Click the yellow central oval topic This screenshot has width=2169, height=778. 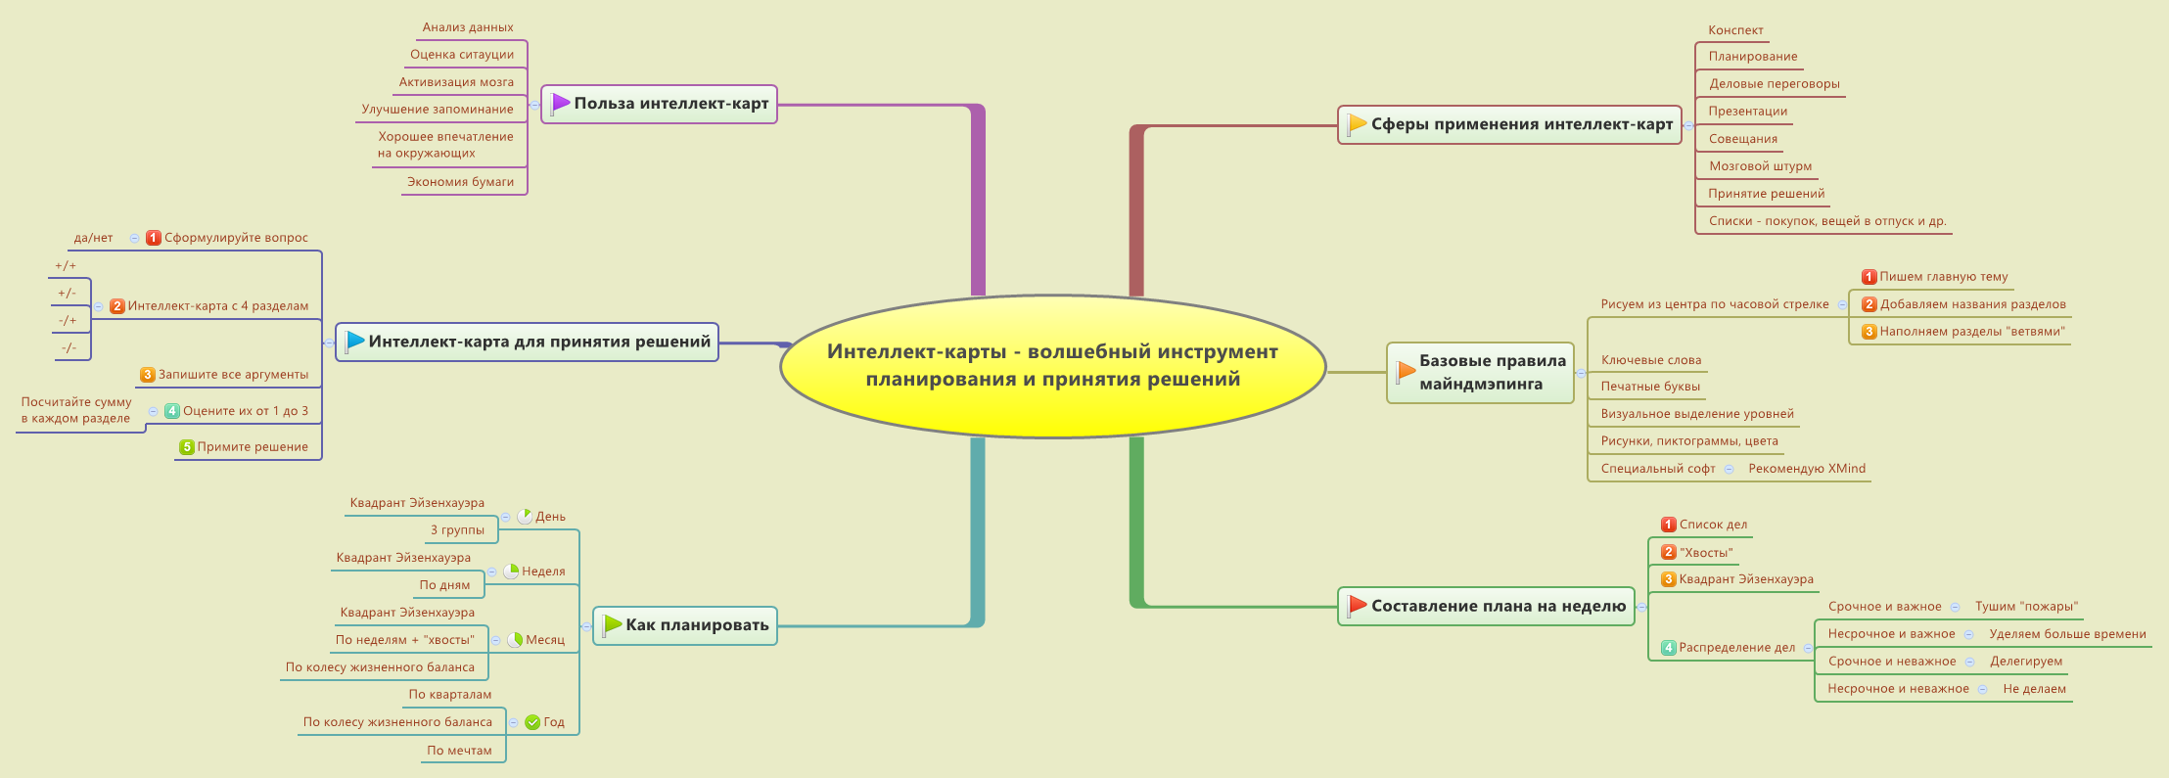click(x=1052, y=365)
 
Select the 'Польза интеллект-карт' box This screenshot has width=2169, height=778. click(x=659, y=104)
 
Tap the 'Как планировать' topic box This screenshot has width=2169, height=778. click(x=685, y=625)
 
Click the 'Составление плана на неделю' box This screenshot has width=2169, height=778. click(x=1486, y=606)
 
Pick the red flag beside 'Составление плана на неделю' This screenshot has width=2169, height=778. click(x=1357, y=606)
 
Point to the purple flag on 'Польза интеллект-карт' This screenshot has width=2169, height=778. click(x=560, y=103)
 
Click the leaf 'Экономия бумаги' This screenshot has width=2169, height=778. click(x=460, y=182)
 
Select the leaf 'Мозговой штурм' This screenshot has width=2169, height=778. click(x=1760, y=166)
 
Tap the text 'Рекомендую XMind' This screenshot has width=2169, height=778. click(x=1807, y=469)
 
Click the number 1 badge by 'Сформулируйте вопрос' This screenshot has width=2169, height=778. click(x=154, y=238)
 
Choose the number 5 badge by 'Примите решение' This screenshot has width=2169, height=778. click(x=186, y=447)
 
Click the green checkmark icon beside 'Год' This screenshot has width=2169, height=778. click(x=532, y=722)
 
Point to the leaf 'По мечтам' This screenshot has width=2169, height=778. click(x=459, y=751)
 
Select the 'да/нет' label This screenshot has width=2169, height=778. click(x=93, y=238)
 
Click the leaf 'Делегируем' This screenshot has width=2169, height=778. click(x=2026, y=662)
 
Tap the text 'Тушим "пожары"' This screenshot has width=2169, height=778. click(x=2026, y=607)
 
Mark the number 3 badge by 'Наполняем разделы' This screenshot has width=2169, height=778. click(x=1869, y=332)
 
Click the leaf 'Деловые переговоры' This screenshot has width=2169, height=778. click(x=1774, y=84)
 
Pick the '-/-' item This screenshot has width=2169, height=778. click(x=69, y=348)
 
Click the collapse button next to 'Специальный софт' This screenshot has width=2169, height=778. click(x=1730, y=470)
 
